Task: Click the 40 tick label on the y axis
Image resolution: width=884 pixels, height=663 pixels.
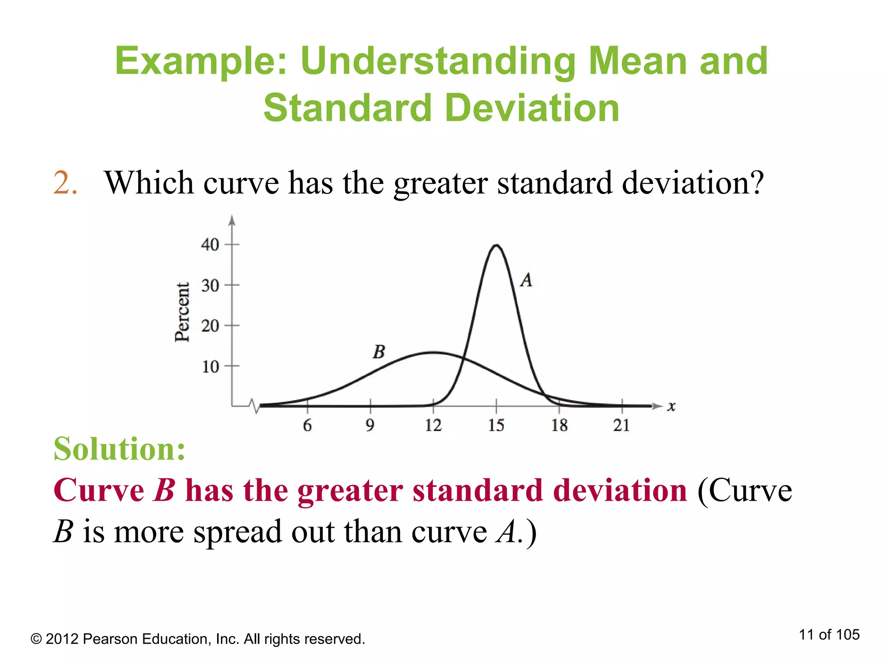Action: click(x=210, y=245)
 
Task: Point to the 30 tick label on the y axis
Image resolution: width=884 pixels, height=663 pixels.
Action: click(x=210, y=285)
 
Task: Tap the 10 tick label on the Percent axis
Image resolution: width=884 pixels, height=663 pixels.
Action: click(x=210, y=367)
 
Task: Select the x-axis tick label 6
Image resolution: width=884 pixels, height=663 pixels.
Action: click(x=307, y=426)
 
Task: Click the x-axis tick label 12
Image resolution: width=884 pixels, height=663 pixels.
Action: click(x=433, y=426)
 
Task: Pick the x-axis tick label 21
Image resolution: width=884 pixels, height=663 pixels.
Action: click(x=622, y=426)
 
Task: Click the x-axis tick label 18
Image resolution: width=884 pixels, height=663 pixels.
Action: click(x=559, y=426)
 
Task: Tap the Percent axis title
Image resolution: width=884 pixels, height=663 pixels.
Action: click(x=182, y=312)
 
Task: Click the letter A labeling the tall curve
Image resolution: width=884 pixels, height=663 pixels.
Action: click(x=526, y=280)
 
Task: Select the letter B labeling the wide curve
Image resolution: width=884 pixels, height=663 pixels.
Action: click(x=379, y=352)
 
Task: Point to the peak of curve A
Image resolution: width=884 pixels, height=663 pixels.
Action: click(x=497, y=246)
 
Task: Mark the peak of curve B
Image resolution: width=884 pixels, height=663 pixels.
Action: click(x=433, y=353)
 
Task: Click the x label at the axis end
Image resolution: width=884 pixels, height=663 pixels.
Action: click(x=671, y=406)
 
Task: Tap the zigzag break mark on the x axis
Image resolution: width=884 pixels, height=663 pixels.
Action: click(x=255, y=406)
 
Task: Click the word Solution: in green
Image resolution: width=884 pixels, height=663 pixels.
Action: click(x=120, y=449)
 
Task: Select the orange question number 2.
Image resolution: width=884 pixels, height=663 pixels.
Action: click(x=65, y=183)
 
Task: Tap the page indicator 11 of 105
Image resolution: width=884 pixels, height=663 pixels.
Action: click(x=829, y=635)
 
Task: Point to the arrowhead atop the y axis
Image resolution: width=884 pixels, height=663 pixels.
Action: click(x=232, y=221)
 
